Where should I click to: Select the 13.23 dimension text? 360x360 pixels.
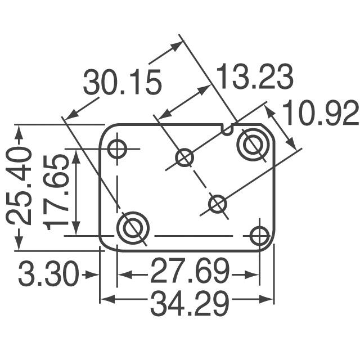click(x=255, y=78)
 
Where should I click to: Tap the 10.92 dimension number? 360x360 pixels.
click(x=320, y=114)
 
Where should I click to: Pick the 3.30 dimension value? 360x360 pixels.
click(x=47, y=275)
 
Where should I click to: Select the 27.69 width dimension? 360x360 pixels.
click(x=189, y=274)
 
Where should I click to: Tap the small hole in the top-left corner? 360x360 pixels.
click(x=118, y=150)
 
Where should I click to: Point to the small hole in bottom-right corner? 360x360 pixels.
click(x=259, y=236)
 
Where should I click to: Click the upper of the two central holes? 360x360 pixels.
click(x=184, y=158)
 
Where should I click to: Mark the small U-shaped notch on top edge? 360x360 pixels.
click(x=228, y=130)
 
